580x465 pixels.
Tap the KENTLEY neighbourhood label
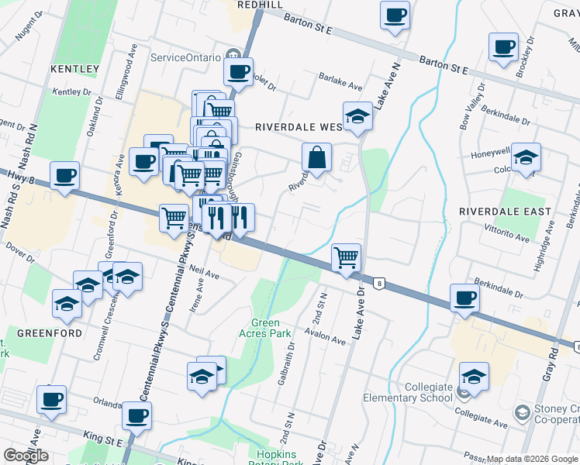pos(74,69)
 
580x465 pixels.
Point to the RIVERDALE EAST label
pos(505,212)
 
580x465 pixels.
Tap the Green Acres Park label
pos(271,329)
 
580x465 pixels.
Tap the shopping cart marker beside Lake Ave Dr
pos(346,257)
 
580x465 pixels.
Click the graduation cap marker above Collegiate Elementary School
pos(474,377)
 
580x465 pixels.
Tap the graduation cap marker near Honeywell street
pos(526,157)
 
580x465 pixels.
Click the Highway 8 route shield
pos(379,284)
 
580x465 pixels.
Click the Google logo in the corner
pos(26,456)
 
